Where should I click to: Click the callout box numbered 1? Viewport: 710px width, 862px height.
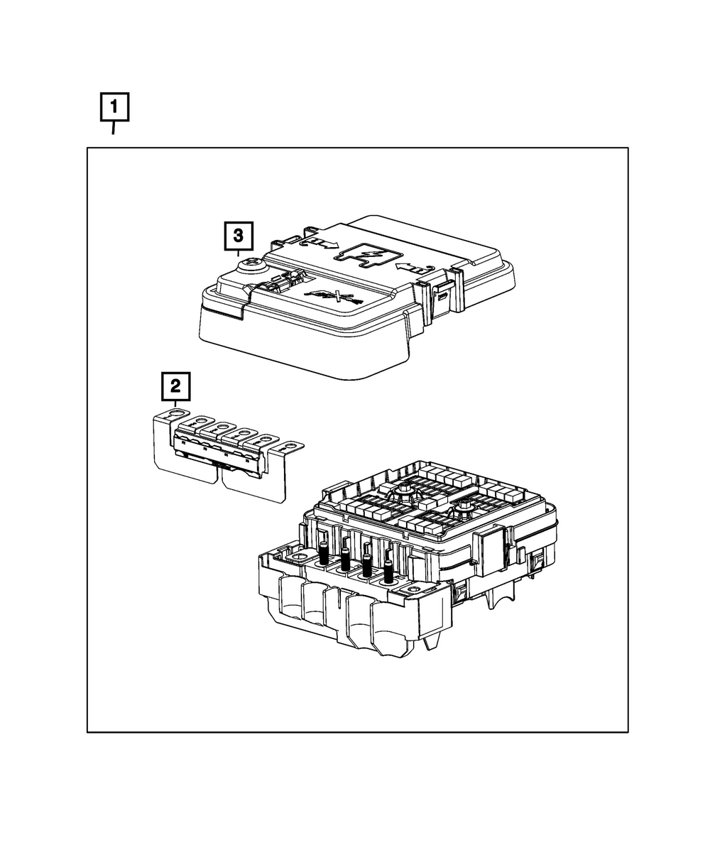pyautogui.click(x=114, y=109)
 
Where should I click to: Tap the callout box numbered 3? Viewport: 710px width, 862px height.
pyautogui.click(x=239, y=236)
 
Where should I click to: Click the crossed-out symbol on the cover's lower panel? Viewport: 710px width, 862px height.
pyautogui.click(x=334, y=297)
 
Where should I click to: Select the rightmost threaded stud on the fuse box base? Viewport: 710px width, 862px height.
pyautogui.click(x=388, y=572)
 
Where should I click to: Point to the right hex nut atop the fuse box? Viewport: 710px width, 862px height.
pyautogui.click(x=464, y=505)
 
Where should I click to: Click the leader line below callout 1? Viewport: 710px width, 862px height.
pyautogui.click(x=113, y=128)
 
